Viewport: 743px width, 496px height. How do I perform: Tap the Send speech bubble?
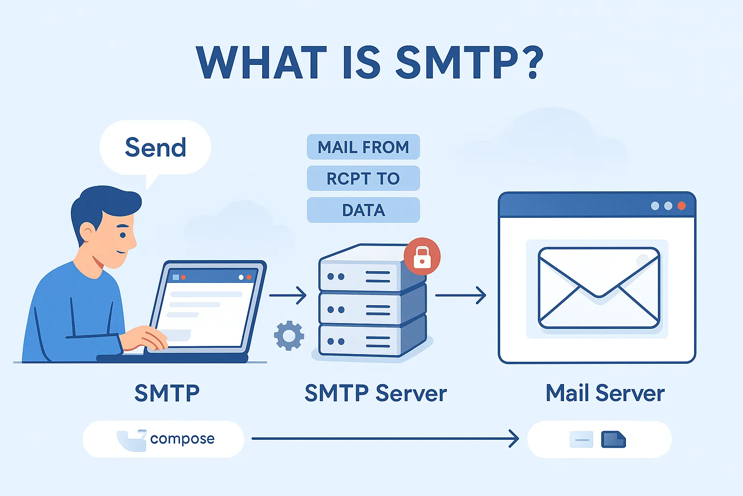click(x=155, y=147)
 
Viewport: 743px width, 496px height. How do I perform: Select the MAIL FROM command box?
click(x=363, y=147)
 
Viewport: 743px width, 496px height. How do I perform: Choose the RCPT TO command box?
click(x=363, y=178)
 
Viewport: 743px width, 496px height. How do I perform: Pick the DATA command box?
click(x=363, y=210)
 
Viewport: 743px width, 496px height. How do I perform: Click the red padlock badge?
click(x=422, y=256)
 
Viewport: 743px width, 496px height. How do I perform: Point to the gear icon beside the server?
click(x=289, y=335)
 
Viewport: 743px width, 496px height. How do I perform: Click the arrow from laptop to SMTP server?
click(x=288, y=295)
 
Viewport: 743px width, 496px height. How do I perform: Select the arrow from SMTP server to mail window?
click(x=461, y=295)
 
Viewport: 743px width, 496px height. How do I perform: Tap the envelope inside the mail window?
click(x=599, y=288)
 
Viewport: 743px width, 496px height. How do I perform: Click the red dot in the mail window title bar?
click(x=682, y=206)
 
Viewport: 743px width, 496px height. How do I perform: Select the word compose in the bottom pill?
click(x=182, y=439)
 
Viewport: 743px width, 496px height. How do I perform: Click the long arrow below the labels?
click(x=385, y=439)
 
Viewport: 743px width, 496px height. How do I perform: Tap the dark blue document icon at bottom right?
click(x=613, y=439)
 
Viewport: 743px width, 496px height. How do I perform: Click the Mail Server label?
click(x=605, y=393)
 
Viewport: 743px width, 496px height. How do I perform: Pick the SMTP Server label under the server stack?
click(x=375, y=393)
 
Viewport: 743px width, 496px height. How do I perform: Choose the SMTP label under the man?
click(x=167, y=393)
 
